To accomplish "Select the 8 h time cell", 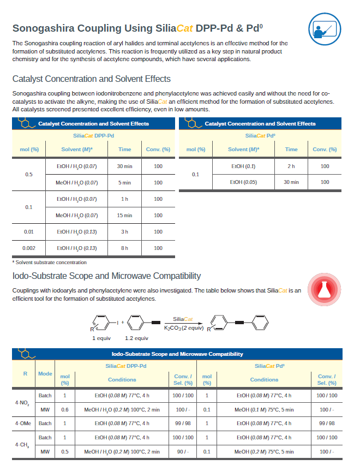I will (x=124, y=248).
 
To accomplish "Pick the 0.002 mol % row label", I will (x=29, y=248).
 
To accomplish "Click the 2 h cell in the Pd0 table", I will (x=291, y=166).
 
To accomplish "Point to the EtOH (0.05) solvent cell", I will (x=243, y=182).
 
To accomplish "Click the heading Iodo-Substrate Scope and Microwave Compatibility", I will (x=106, y=276).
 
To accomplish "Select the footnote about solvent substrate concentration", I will (x=49, y=263).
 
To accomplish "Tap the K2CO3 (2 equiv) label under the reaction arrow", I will (x=184, y=327).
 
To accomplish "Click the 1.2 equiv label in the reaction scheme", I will (x=136, y=338).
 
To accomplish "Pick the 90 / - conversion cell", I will (x=182, y=451).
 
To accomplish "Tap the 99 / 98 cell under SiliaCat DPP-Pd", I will (x=182, y=423).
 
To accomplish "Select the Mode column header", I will (x=45, y=374).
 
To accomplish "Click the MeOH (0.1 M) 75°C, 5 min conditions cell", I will (x=264, y=409).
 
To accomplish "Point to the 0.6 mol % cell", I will (x=65, y=409).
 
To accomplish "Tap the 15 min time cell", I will (x=124, y=216).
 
